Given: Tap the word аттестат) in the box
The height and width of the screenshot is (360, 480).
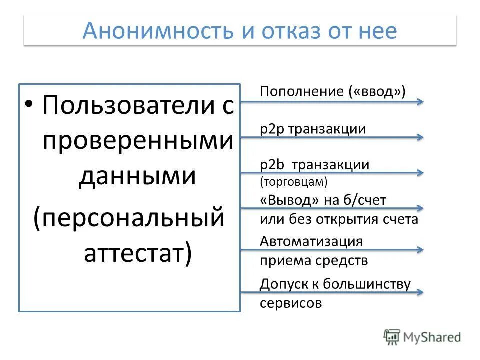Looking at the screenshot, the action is point(137,253).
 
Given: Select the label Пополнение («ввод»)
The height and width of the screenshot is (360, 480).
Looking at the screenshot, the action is point(333,91).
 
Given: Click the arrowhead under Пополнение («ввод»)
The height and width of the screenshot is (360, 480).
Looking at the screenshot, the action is point(420,102).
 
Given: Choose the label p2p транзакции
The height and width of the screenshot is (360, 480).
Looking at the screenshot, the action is point(313,129).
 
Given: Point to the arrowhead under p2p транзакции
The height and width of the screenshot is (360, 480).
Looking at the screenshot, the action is point(420,137).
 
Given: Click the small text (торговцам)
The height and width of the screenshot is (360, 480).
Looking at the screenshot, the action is point(294,182).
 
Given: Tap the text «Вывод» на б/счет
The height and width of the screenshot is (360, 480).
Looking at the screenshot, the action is point(323,200).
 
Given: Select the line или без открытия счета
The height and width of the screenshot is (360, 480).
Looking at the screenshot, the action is point(339,219).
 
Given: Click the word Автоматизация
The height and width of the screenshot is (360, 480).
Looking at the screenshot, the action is point(311,241).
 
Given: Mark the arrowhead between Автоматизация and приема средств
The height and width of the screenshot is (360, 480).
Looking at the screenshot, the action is point(420,250).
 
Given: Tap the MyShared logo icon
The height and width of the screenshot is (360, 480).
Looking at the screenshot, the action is point(392,336).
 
